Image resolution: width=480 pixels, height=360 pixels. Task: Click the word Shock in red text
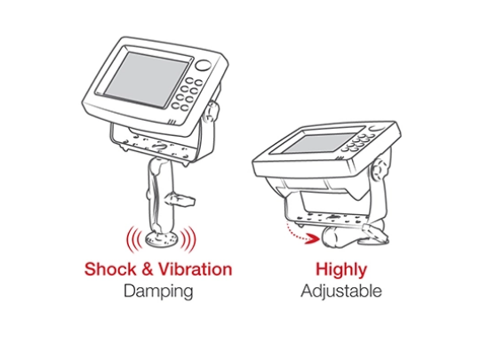[x=110, y=269]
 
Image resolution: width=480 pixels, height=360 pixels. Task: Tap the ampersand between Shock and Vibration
[x=148, y=269]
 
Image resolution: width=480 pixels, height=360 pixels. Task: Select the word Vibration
[x=196, y=269]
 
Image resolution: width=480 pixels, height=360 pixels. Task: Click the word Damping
[x=158, y=292]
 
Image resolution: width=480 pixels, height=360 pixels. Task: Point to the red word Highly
[x=341, y=270]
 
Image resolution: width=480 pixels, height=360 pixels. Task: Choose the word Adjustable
[x=341, y=292]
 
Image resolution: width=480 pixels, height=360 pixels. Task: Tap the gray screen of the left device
[x=146, y=80]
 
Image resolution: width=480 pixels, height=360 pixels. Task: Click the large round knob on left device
[x=204, y=65]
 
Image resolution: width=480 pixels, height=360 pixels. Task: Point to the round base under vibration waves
[x=161, y=239]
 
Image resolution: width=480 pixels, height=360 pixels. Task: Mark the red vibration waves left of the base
[x=133, y=239]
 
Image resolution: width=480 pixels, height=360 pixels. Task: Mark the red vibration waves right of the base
[x=188, y=239]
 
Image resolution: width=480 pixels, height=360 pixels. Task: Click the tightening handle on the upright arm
[x=180, y=200]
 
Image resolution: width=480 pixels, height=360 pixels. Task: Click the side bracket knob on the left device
[x=212, y=112]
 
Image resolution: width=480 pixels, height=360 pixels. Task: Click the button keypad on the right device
[x=357, y=142]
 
